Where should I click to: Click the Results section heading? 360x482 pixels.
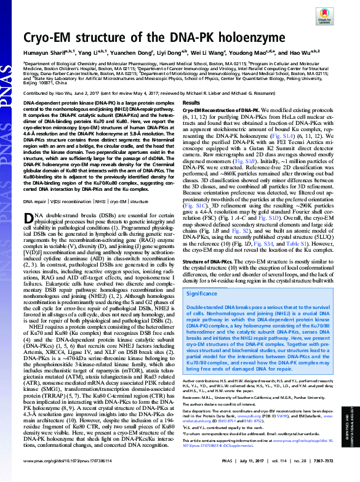192,102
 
